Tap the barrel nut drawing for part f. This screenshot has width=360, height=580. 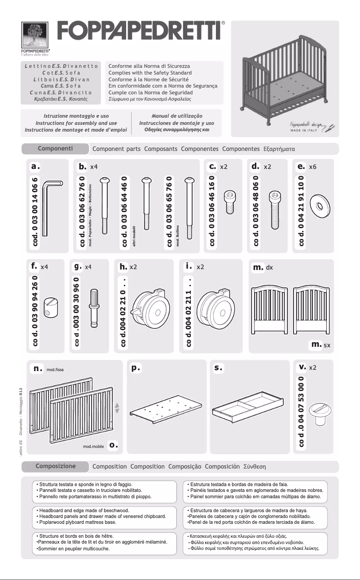pyautogui.click(x=49, y=310)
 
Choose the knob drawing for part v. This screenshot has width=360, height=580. pyautogui.click(x=322, y=414)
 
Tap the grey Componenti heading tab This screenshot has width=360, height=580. pyautogui.click(x=57, y=148)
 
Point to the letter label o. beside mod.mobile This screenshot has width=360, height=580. pyautogui.click(x=114, y=445)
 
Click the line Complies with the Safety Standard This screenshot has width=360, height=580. pyautogui.click(x=150, y=73)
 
